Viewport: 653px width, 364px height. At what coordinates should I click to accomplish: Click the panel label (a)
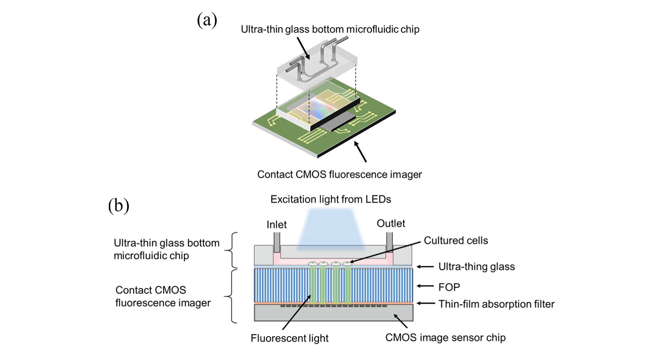[x=207, y=21]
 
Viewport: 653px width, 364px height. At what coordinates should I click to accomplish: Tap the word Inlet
[x=277, y=225]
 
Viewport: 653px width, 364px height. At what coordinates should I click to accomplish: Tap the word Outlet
[x=391, y=223]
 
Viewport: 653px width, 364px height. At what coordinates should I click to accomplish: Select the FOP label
[x=449, y=287]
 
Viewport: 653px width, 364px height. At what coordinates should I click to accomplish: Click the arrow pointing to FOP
[x=425, y=286]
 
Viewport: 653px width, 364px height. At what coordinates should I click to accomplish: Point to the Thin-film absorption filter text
[x=496, y=304]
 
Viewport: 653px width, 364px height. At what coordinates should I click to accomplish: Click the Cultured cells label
[x=456, y=240]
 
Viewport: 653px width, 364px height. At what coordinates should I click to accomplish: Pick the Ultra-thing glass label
[x=476, y=267]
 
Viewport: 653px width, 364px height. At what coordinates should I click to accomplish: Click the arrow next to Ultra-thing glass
[x=425, y=267]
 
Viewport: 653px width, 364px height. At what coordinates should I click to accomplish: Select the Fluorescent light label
[x=289, y=338]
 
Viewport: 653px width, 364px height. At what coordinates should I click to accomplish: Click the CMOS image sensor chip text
[x=445, y=338]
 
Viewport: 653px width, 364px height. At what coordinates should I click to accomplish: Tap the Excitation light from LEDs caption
[x=330, y=199]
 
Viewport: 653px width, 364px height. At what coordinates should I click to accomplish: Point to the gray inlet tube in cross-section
[x=277, y=242]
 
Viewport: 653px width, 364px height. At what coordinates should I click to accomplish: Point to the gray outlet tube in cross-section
[x=389, y=242]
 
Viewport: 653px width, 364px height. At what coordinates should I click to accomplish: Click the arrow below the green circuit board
[x=360, y=152]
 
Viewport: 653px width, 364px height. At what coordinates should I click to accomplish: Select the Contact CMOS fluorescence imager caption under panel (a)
[x=339, y=174]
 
